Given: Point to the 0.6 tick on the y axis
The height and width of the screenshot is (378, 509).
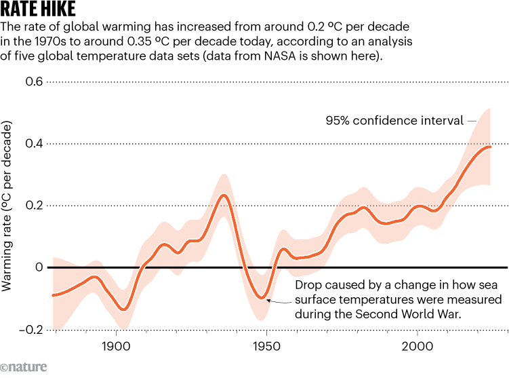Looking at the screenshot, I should coord(33,81).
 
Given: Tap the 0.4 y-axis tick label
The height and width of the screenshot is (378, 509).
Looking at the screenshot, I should coord(33,144).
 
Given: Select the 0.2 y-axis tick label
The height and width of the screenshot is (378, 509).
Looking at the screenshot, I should coord(33,206).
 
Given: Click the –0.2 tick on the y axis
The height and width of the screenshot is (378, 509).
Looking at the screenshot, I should coord(30,330).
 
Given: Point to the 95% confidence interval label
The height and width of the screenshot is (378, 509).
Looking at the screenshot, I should coord(391,121).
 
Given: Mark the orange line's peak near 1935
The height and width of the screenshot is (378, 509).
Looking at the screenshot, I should coord(224,195).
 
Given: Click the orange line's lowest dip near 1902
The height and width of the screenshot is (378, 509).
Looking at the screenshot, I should coord(123,309).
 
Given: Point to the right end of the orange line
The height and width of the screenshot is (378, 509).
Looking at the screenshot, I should coord(490,147).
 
